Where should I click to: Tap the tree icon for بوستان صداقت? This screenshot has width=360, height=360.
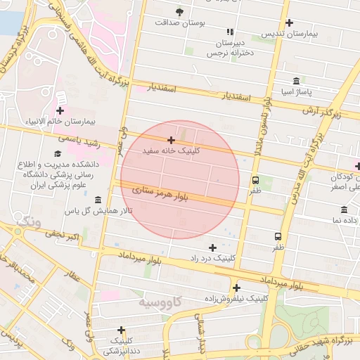tap(179, 12)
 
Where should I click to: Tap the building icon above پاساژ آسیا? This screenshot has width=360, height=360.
tap(296, 80)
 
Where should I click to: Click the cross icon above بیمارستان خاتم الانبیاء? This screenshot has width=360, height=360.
tap(60, 110)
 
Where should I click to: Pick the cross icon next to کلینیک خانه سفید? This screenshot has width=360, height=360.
tap(171, 140)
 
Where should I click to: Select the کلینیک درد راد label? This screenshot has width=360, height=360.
tap(211, 258)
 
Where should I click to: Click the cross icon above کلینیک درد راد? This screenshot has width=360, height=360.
tap(212, 247)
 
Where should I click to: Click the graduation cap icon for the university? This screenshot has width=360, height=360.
tap(57, 153)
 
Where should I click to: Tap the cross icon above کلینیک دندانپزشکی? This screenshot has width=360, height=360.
tap(121, 329)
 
